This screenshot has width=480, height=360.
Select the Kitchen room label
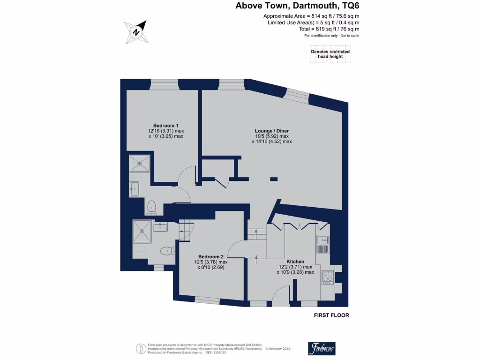click(x=295, y=262)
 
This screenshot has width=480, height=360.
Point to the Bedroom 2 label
click(x=210, y=256)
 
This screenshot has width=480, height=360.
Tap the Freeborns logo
click(x=322, y=348)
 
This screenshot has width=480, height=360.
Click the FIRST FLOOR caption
click(x=331, y=315)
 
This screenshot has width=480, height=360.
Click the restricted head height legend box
click(x=330, y=54)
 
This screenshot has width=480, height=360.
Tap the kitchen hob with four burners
click(x=327, y=277)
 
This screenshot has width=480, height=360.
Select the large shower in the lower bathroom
click(x=143, y=230)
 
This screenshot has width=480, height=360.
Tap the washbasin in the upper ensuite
click(x=135, y=189)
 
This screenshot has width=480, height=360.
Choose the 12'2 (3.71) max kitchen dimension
click(x=295, y=267)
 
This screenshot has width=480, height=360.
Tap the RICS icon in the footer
click(x=140, y=348)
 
